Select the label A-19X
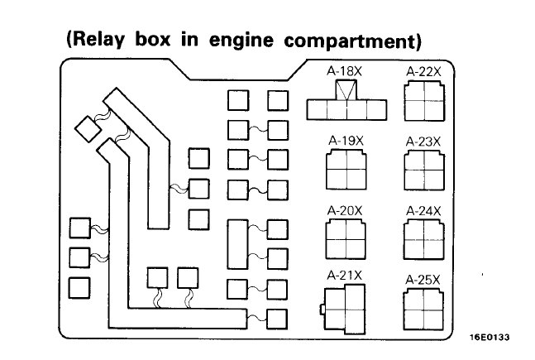click(345, 141)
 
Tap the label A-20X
click(345, 210)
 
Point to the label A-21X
click(345, 274)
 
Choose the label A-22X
click(423, 72)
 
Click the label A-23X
click(423, 141)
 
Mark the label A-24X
click(423, 211)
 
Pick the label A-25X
click(423, 280)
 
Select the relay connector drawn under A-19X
click(345, 170)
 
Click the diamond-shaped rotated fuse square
click(86, 127)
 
